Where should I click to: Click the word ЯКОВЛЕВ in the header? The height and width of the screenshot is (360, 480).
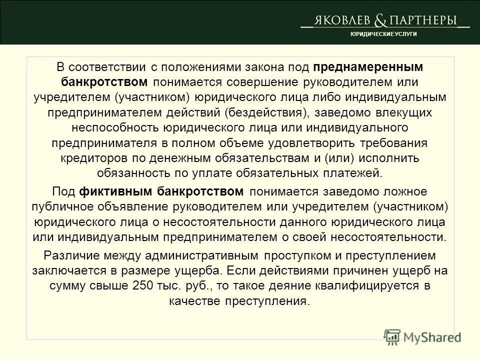pyautogui.click(x=341, y=20)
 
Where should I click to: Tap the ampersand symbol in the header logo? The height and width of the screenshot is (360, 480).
pyautogui.click(x=380, y=20)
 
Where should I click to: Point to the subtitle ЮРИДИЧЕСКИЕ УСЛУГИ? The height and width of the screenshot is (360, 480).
pyautogui.click(x=383, y=33)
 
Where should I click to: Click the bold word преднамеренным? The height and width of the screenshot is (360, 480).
pyautogui.click(x=368, y=66)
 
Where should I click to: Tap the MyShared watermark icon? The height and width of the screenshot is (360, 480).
pyautogui.click(x=393, y=336)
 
